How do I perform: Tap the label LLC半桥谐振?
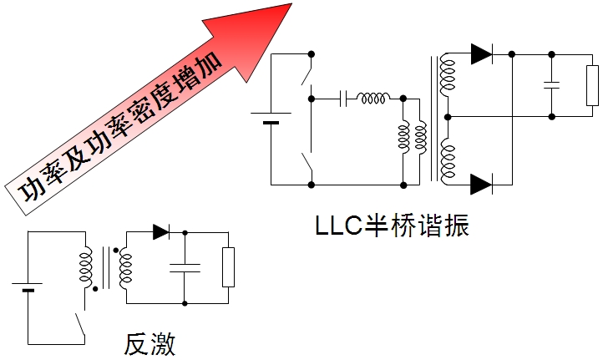[x=392, y=226]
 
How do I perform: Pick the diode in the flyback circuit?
[x=161, y=232]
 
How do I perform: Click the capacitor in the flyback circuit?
[x=184, y=268]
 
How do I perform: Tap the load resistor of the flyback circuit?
[x=227, y=267]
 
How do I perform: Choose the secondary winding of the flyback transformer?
[x=125, y=267]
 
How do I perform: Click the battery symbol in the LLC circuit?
[x=271, y=118]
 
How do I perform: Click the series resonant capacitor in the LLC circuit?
[x=344, y=99]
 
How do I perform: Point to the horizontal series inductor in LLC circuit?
[x=372, y=99]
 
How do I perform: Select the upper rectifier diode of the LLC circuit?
[x=481, y=54]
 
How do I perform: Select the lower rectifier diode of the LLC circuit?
[x=481, y=184]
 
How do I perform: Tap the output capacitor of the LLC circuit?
[x=550, y=84]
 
